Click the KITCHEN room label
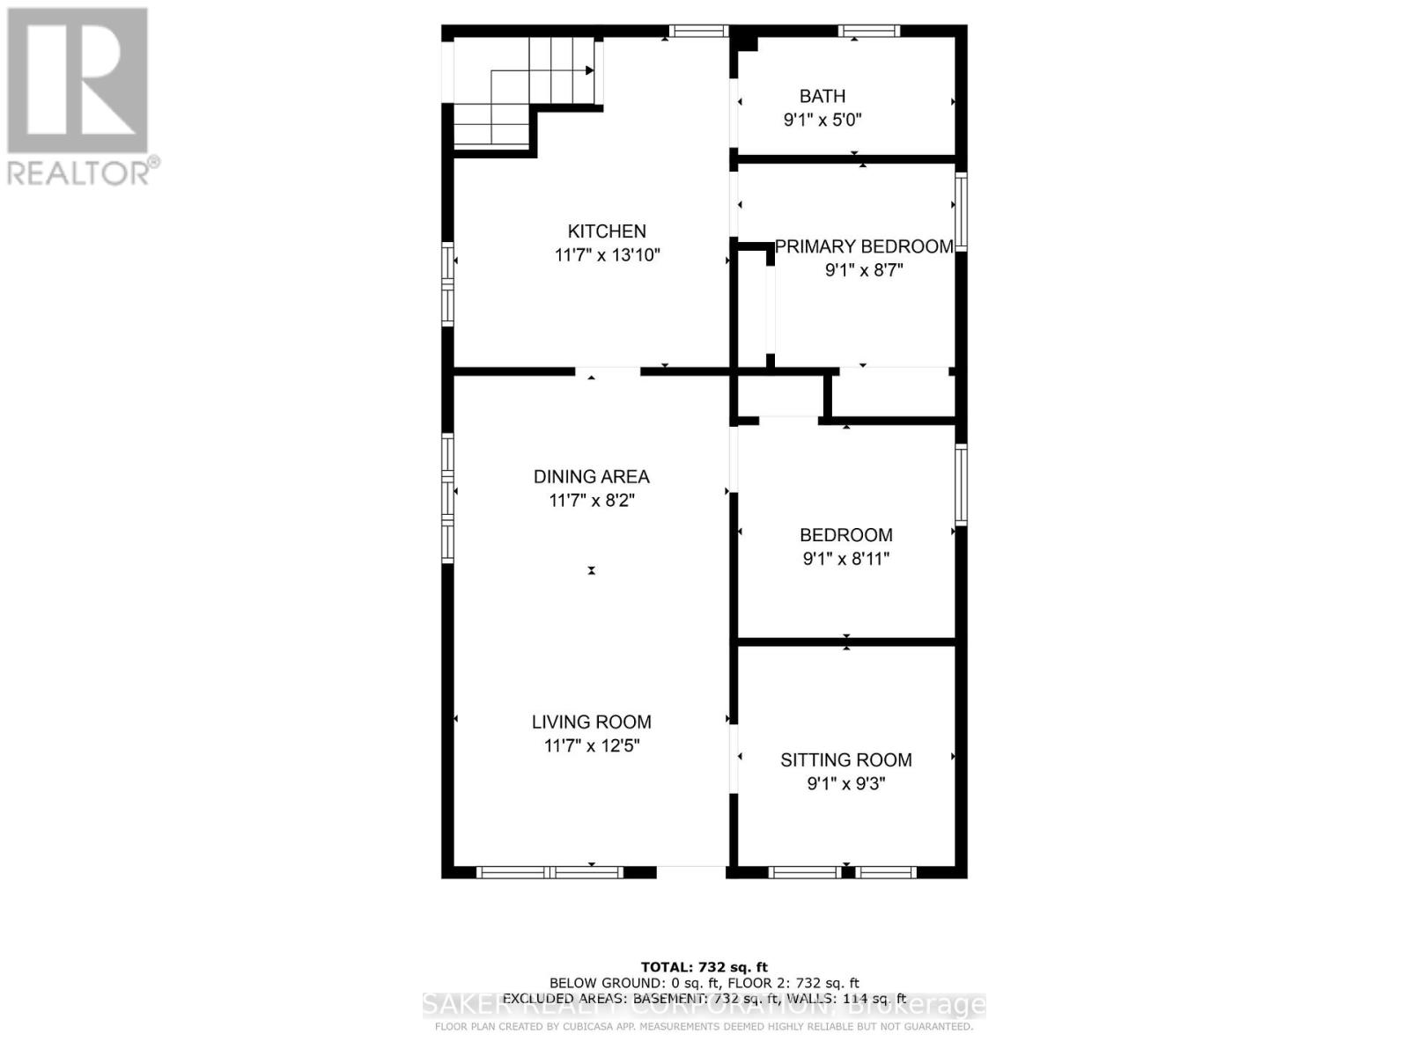click(x=607, y=231)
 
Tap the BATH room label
click(x=823, y=96)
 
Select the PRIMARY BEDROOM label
click(x=864, y=246)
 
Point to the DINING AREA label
click(x=591, y=477)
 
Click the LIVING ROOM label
click(x=591, y=722)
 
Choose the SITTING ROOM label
click(x=845, y=760)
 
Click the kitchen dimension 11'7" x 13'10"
click(x=607, y=256)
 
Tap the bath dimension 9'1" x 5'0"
click(x=823, y=120)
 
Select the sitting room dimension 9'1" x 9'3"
click(x=845, y=783)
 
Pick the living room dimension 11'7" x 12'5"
click(x=591, y=746)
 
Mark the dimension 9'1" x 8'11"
click(x=845, y=559)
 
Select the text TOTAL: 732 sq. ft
click(x=704, y=967)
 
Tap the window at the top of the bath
click(x=868, y=32)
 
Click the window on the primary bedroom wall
click(x=962, y=212)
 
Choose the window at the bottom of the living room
click(x=550, y=873)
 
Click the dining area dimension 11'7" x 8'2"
click(x=591, y=501)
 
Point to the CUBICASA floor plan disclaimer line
click(x=704, y=1026)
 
